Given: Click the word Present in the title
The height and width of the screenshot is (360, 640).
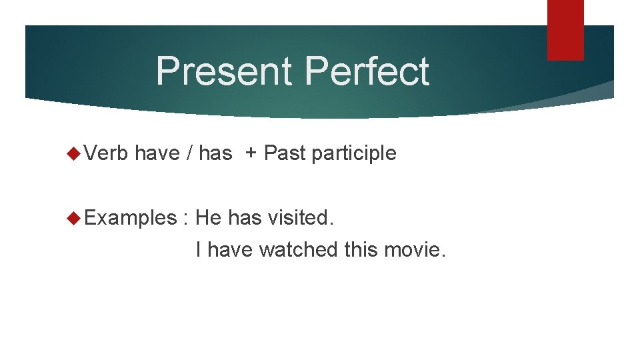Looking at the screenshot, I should coord(219,71).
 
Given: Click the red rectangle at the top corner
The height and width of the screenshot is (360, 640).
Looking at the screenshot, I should coord(565,29).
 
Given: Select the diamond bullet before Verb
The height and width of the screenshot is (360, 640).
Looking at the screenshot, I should coord(74,154).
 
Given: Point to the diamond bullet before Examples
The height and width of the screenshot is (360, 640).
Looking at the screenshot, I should coord(74,218).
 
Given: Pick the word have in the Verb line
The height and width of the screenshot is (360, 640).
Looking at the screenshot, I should coord(157,154).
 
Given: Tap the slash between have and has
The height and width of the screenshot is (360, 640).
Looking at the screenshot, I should coord(189,154).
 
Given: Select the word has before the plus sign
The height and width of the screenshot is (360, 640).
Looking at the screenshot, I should coord(215,154).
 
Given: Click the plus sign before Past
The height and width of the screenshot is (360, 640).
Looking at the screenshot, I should coord(251,154).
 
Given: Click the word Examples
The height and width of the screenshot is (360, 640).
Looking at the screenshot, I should coord(129,218).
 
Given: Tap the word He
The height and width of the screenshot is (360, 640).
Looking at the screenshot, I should coord(209,218).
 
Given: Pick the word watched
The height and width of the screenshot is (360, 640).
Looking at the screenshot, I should coord(299,250).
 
